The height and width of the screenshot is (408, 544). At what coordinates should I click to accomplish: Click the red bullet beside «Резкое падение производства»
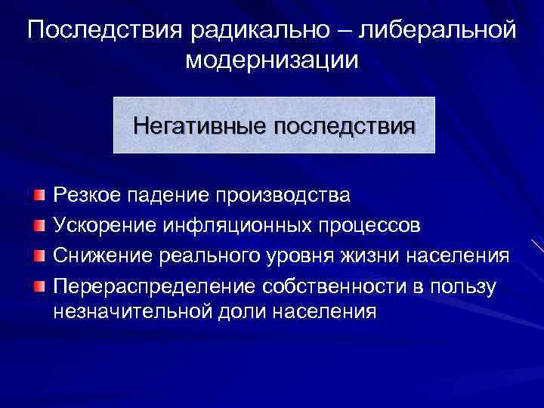pyautogui.click(x=39, y=196)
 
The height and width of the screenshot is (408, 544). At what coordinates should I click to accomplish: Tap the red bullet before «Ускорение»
pyautogui.click(x=39, y=224)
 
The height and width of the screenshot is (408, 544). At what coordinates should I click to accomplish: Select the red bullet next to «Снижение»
pyautogui.click(x=39, y=254)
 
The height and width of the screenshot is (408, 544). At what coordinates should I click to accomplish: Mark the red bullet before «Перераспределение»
pyautogui.click(x=39, y=283)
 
